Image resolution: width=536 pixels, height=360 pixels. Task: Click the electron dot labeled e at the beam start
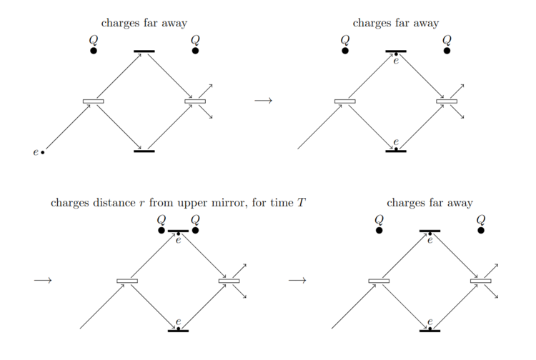click(42, 152)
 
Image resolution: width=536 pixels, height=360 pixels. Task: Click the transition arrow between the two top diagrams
click(263, 101)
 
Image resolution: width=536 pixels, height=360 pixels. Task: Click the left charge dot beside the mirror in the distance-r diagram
click(162, 230)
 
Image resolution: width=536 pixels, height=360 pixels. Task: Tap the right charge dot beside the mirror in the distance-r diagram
click(195, 230)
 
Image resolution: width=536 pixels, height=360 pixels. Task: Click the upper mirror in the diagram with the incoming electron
click(144, 51)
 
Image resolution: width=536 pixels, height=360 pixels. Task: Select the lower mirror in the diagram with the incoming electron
click(144, 151)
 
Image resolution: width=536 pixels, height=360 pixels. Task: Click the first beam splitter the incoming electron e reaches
click(94, 101)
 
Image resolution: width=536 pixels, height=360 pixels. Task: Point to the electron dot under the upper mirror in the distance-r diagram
click(178, 234)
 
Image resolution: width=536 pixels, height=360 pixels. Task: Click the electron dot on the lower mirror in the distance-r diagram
click(178, 328)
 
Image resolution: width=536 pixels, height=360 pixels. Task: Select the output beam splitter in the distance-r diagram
click(229, 281)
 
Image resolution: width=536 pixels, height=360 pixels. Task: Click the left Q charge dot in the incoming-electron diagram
click(94, 51)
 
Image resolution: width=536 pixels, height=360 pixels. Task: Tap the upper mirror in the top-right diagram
click(396, 51)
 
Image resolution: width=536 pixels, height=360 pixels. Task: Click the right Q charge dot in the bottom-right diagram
click(481, 230)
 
